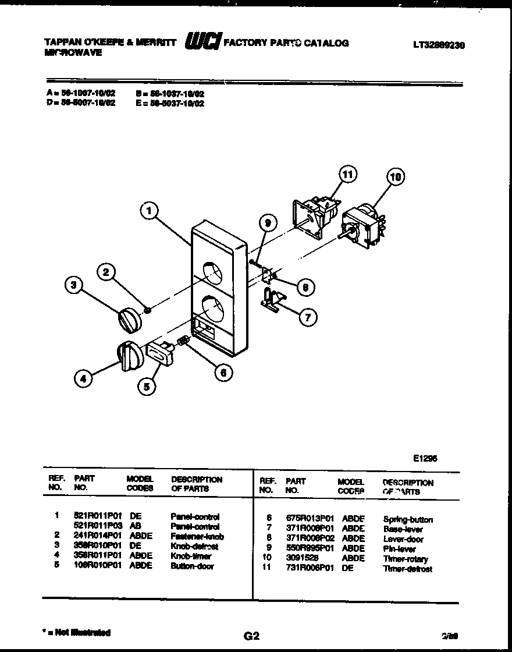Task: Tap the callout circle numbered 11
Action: [347, 174]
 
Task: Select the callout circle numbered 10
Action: [396, 177]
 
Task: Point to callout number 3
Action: [73, 285]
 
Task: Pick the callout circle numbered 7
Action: [308, 317]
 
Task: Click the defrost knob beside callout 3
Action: [130, 320]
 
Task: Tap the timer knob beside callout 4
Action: [129, 355]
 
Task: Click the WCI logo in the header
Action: [202, 42]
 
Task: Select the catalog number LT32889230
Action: [439, 44]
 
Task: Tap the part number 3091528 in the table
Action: [302, 558]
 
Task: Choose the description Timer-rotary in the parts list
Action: [405, 559]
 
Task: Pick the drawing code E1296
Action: [425, 458]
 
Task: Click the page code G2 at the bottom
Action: [251, 636]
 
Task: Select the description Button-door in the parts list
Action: [192, 566]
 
